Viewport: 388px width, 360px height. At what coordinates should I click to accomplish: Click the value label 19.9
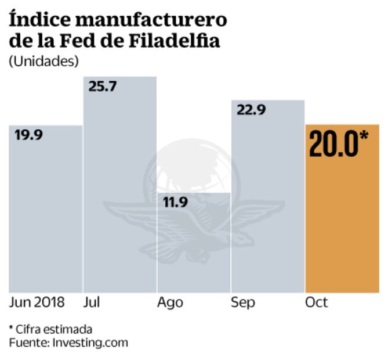pyautogui.click(x=29, y=135)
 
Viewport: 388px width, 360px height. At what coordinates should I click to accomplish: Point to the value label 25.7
pyautogui.click(x=103, y=87)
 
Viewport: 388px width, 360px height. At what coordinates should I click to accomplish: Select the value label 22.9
pyautogui.click(x=251, y=110)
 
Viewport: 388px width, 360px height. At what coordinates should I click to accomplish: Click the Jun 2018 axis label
pyautogui.click(x=37, y=303)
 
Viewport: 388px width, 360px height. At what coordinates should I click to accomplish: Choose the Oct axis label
pyautogui.click(x=316, y=303)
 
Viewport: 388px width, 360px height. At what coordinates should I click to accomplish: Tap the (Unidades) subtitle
pyautogui.click(x=43, y=61)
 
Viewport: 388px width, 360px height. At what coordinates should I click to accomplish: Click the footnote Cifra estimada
pyautogui.click(x=54, y=329)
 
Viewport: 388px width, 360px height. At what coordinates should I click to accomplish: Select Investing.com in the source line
pyautogui.click(x=90, y=342)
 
